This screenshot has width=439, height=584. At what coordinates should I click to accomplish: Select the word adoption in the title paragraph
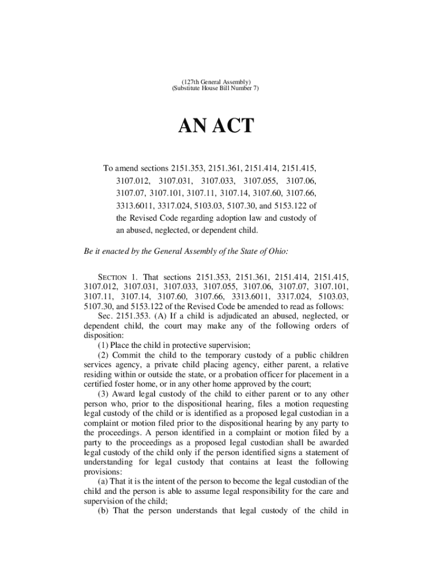coord(246,218)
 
